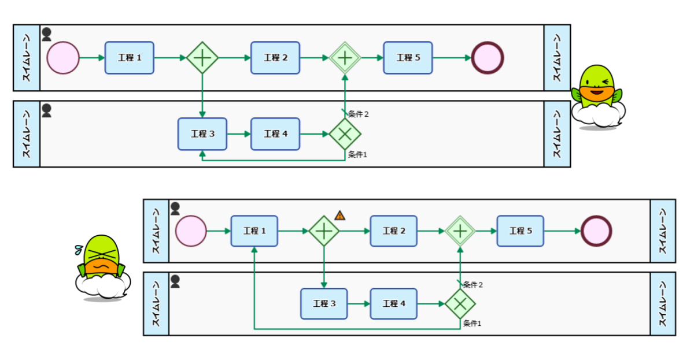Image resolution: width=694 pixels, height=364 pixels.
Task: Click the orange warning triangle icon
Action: pyautogui.click(x=340, y=216)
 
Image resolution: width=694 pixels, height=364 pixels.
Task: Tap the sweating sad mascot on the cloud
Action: pyautogui.click(x=102, y=268)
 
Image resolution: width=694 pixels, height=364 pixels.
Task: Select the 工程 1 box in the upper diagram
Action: pyautogui.click(x=129, y=58)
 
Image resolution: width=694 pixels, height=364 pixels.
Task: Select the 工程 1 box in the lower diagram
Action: pyautogui.click(x=254, y=231)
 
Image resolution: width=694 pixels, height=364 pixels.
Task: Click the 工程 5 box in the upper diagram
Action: pyautogui.click(x=408, y=58)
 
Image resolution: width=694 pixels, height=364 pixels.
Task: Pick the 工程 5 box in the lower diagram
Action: pyautogui.click(x=520, y=231)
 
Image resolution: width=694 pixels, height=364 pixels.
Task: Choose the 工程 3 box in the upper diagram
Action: pyautogui.click(x=202, y=134)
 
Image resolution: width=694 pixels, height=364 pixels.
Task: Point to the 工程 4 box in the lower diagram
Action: pyautogui.click(x=393, y=303)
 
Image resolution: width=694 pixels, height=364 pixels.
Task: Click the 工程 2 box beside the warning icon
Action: pyautogui.click(x=393, y=231)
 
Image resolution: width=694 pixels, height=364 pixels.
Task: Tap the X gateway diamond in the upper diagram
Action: pyautogui.click(x=345, y=134)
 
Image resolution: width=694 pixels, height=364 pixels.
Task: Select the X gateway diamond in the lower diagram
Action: pyautogui.click(x=460, y=303)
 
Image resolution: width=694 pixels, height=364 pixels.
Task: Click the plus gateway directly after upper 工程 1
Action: pyautogui.click(x=202, y=58)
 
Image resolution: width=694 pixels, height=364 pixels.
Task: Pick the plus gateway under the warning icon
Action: pyautogui.click(x=324, y=231)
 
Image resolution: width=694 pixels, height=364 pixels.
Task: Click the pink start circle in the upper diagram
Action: pyautogui.click(x=62, y=58)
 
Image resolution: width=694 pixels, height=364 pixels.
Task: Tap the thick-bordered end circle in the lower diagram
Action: pyautogui.click(x=596, y=231)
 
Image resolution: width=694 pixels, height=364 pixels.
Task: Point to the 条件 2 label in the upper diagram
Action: pyautogui.click(x=358, y=114)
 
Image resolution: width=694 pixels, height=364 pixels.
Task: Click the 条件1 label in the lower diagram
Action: pyautogui.click(x=472, y=324)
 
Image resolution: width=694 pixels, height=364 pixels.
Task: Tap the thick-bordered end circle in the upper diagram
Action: pyautogui.click(x=488, y=58)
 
